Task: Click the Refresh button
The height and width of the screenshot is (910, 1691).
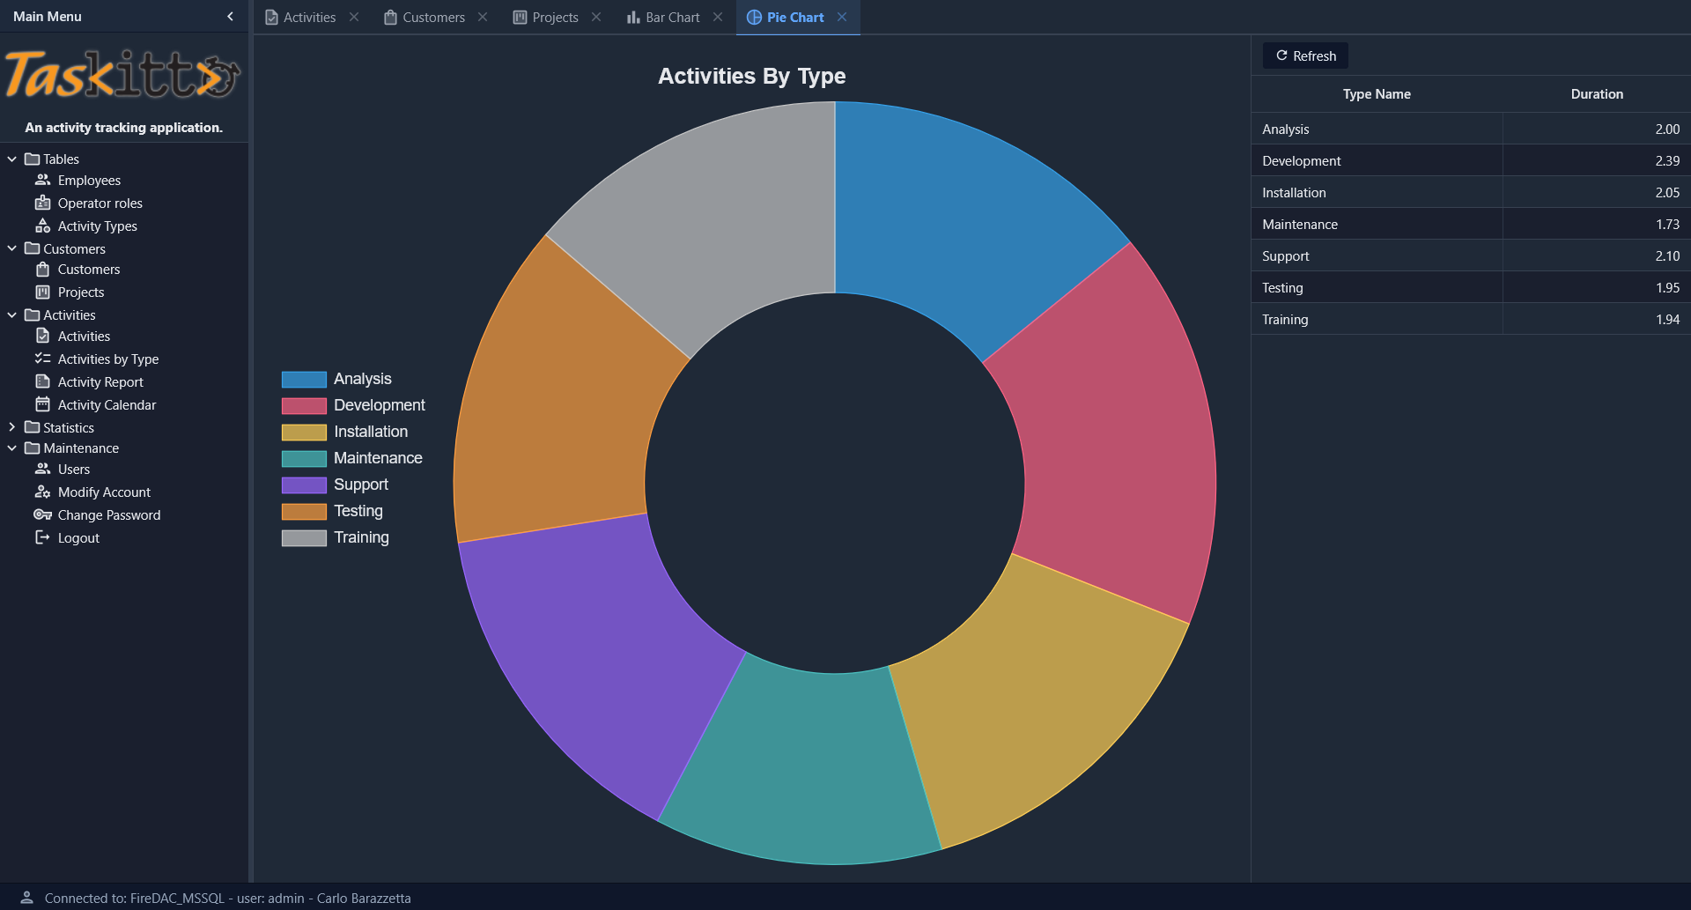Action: pyautogui.click(x=1305, y=55)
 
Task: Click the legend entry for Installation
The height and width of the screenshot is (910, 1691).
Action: pyautogui.click(x=370, y=432)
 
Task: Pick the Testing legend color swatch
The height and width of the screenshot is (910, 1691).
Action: pyautogui.click(x=304, y=511)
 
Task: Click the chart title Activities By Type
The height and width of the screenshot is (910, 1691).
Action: pyautogui.click(x=751, y=77)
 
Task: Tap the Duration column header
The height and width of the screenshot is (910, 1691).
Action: pyautogui.click(x=1596, y=94)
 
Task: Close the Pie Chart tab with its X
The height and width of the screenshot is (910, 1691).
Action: pyautogui.click(x=842, y=17)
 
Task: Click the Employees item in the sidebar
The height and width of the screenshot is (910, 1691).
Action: pyautogui.click(x=89, y=181)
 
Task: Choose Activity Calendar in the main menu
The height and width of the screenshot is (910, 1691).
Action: pyautogui.click(x=107, y=405)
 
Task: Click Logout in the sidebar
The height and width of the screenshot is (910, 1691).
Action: pyautogui.click(x=78, y=538)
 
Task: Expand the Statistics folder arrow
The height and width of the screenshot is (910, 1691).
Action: pyautogui.click(x=11, y=427)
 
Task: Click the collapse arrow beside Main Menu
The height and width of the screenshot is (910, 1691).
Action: pyautogui.click(x=230, y=16)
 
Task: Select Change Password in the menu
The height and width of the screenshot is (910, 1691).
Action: pyautogui.click(x=108, y=515)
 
